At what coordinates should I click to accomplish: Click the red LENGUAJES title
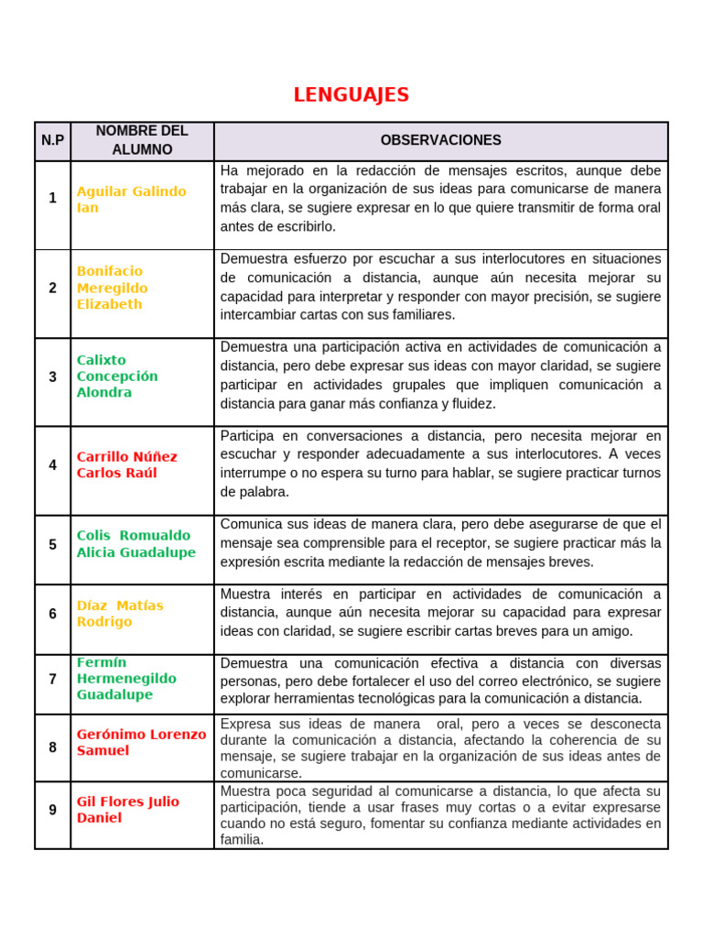point(351,95)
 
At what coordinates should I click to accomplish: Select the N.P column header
point(52,140)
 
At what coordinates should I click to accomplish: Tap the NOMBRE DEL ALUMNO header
point(142,140)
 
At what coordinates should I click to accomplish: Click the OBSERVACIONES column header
point(440,140)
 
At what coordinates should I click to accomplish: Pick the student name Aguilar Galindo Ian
point(131,200)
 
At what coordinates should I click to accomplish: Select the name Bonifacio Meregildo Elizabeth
point(110,288)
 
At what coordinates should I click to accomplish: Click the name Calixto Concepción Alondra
point(117,376)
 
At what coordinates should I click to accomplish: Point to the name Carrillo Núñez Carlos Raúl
point(127,464)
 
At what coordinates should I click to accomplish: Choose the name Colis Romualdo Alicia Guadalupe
point(135,544)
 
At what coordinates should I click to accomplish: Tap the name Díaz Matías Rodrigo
point(120,614)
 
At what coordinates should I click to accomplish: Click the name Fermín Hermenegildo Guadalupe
point(126,679)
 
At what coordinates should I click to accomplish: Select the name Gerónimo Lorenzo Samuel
point(141,743)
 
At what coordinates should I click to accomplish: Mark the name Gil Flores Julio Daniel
point(127,810)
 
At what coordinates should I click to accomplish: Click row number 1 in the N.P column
point(52,198)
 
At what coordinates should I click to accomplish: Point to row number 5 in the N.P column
point(52,544)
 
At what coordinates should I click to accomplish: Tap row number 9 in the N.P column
point(52,810)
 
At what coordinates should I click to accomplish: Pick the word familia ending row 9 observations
point(241,839)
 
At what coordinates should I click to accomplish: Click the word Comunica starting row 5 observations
point(250,524)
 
